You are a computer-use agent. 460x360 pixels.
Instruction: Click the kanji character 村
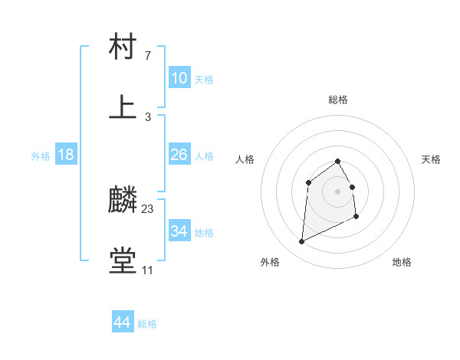point(123,47)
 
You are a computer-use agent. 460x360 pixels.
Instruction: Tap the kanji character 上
point(123,107)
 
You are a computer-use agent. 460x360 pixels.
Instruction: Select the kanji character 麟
point(123,199)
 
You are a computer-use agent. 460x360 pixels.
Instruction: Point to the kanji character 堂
point(123,261)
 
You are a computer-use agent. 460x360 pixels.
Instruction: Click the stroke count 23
point(148,208)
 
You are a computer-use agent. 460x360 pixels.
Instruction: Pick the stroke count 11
point(147,270)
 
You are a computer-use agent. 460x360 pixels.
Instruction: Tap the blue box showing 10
point(179,77)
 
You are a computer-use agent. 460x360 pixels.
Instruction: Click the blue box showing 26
point(179,155)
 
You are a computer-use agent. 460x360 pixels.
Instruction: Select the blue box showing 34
point(179,231)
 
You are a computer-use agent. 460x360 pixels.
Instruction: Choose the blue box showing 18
point(66,155)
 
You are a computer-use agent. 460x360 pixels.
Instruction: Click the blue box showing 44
point(123,322)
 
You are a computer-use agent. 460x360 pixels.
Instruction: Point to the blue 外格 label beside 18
point(41,156)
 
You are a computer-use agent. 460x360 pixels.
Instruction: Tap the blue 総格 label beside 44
point(147,324)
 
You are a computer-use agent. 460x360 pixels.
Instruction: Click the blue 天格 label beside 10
point(203,79)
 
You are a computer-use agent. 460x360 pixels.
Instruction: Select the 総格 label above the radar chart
point(338,100)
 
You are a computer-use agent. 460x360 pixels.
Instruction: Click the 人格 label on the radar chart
point(245,159)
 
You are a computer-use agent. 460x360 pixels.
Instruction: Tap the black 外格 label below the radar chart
point(270,262)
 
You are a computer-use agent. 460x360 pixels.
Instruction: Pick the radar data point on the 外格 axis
point(301,242)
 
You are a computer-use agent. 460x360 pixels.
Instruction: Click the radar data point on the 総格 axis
point(337,161)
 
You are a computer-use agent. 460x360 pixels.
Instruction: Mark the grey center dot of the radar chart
point(337,191)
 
